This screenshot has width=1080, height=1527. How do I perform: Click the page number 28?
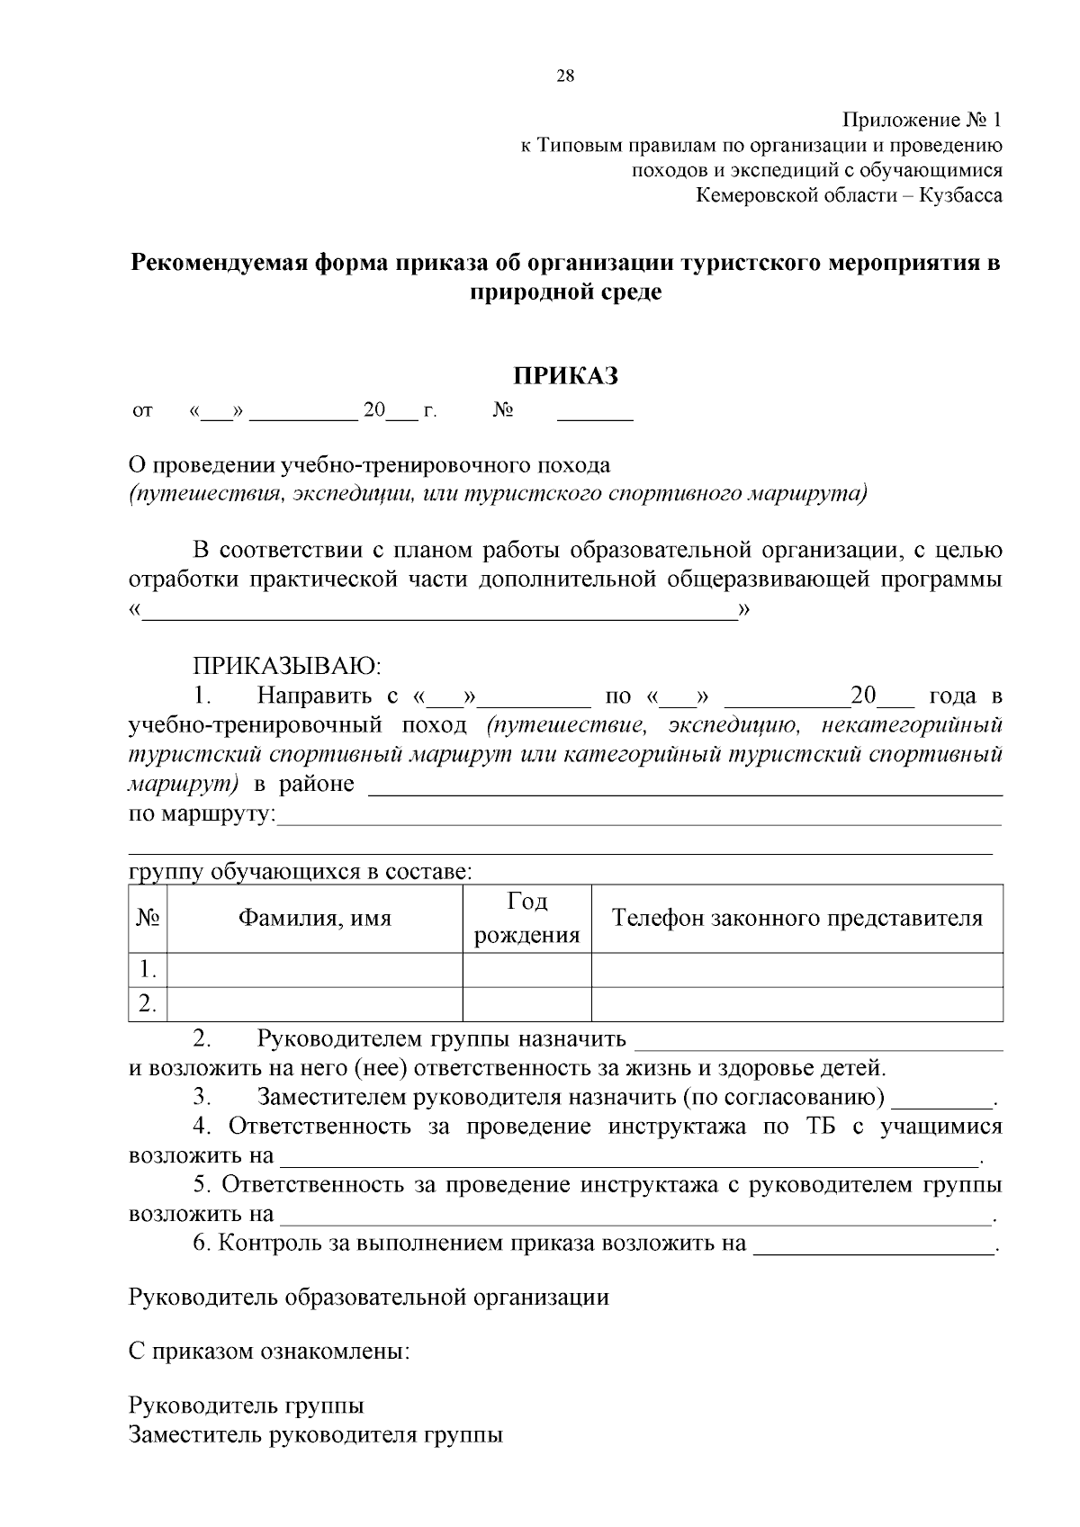(565, 76)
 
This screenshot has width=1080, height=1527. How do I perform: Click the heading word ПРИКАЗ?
(565, 376)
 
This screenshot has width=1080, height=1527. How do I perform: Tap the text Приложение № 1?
(922, 120)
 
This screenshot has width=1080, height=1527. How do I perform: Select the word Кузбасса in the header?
(960, 194)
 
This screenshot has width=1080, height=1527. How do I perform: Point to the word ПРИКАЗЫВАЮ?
(287, 667)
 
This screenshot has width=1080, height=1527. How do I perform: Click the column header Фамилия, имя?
(315, 919)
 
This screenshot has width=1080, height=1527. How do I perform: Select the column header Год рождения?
(527, 919)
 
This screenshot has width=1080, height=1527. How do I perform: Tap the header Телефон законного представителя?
(796, 919)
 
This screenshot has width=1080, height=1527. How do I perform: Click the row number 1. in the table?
(148, 970)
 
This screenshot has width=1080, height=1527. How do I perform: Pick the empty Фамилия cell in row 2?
(315, 1004)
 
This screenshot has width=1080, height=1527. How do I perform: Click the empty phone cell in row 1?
(796, 970)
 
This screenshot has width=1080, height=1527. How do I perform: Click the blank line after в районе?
(686, 788)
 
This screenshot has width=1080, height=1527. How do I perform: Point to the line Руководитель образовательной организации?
(369, 1297)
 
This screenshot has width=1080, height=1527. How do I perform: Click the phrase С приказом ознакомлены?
(269, 1352)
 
